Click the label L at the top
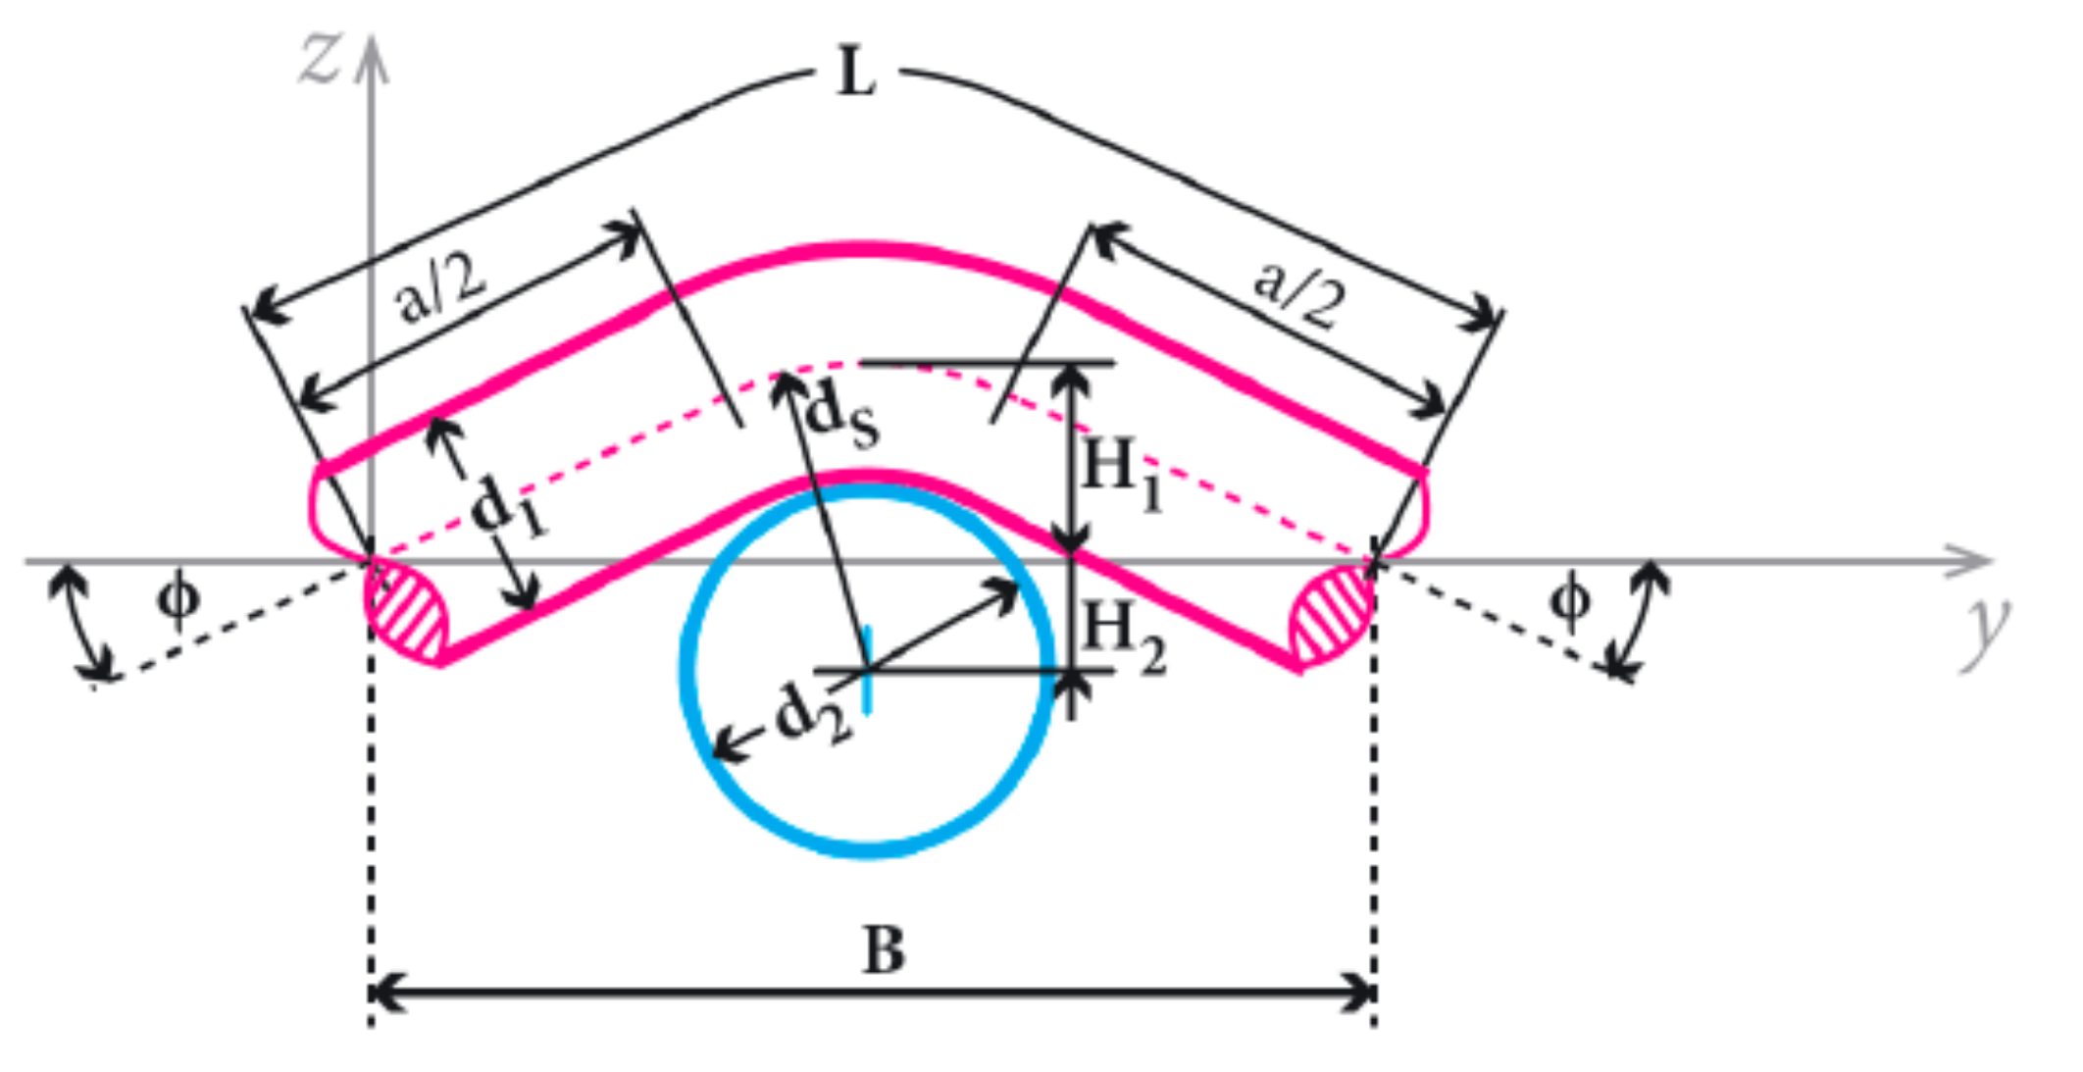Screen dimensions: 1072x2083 click(x=855, y=74)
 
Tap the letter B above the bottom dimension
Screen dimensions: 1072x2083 click(x=884, y=949)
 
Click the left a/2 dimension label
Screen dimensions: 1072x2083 click(x=441, y=291)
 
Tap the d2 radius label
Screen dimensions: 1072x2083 click(x=812, y=712)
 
